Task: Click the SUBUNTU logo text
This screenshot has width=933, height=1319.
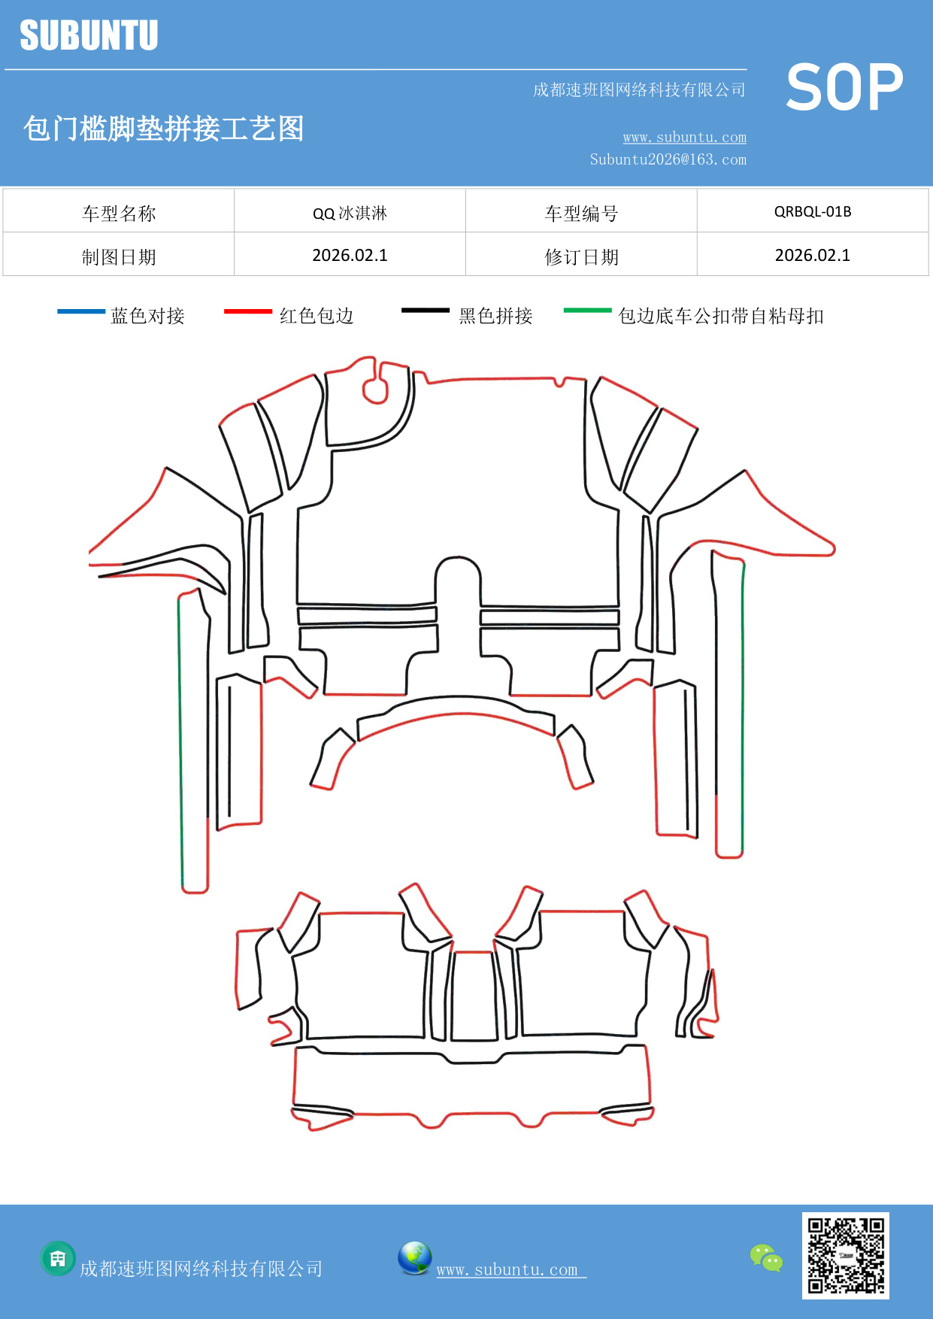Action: (89, 35)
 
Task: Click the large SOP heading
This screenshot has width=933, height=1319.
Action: (844, 87)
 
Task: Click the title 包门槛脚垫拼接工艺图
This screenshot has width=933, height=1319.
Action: (163, 129)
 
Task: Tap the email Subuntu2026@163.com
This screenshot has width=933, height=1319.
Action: (668, 159)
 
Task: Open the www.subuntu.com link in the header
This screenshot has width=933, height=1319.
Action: (684, 138)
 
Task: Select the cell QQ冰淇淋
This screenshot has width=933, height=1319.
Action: (350, 213)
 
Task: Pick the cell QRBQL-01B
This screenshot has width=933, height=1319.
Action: (813, 211)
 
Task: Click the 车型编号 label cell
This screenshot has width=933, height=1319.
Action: (581, 214)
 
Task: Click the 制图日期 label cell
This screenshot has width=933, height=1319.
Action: (119, 257)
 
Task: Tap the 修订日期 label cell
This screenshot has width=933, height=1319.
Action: (581, 257)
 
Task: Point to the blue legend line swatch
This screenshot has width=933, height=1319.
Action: (81, 311)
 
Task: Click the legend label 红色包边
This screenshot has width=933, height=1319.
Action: (317, 316)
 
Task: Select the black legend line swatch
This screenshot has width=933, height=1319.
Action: (425, 310)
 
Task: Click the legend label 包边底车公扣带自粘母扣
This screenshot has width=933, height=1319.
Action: (720, 316)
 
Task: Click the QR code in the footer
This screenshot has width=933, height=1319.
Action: (845, 1255)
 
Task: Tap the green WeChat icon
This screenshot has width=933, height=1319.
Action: (766, 1257)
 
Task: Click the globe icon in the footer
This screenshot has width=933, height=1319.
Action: (414, 1258)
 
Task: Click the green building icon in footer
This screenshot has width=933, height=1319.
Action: (58, 1258)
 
